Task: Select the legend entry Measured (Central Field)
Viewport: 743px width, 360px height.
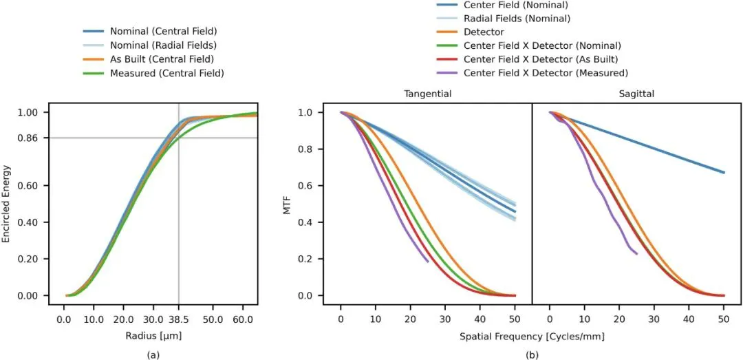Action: (x=153, y=74)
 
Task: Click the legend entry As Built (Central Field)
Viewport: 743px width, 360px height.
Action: (x=153, y=60)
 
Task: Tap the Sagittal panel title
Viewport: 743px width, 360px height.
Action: (x=636, y=94)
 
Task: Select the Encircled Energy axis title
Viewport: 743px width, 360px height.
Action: (x=7, y=204)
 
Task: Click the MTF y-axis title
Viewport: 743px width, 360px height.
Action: (x=287, y=204)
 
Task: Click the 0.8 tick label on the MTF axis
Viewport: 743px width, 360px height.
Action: (x=312, y=149)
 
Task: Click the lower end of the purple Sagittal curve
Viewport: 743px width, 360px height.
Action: (x=637, y=254)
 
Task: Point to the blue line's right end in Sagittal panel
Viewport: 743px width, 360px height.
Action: (x=724, y=173)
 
